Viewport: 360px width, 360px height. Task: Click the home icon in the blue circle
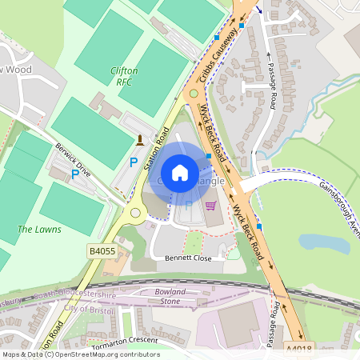point(180,173)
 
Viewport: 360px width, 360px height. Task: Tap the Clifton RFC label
point(123,76)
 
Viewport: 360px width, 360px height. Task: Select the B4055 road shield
point(101,251)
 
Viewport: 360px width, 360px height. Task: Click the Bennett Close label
point(190,258)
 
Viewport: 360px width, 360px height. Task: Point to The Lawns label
point(39,230)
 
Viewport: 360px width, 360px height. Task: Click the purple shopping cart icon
point(211,206)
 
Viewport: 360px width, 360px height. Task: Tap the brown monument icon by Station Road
point(141,142)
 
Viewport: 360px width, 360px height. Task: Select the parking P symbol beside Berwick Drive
point(75,173)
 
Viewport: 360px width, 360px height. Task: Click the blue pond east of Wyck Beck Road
point(324,243)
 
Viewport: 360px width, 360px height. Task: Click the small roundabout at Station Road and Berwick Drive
point(133,214)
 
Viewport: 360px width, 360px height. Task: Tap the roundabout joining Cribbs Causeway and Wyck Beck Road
point(191,94)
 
